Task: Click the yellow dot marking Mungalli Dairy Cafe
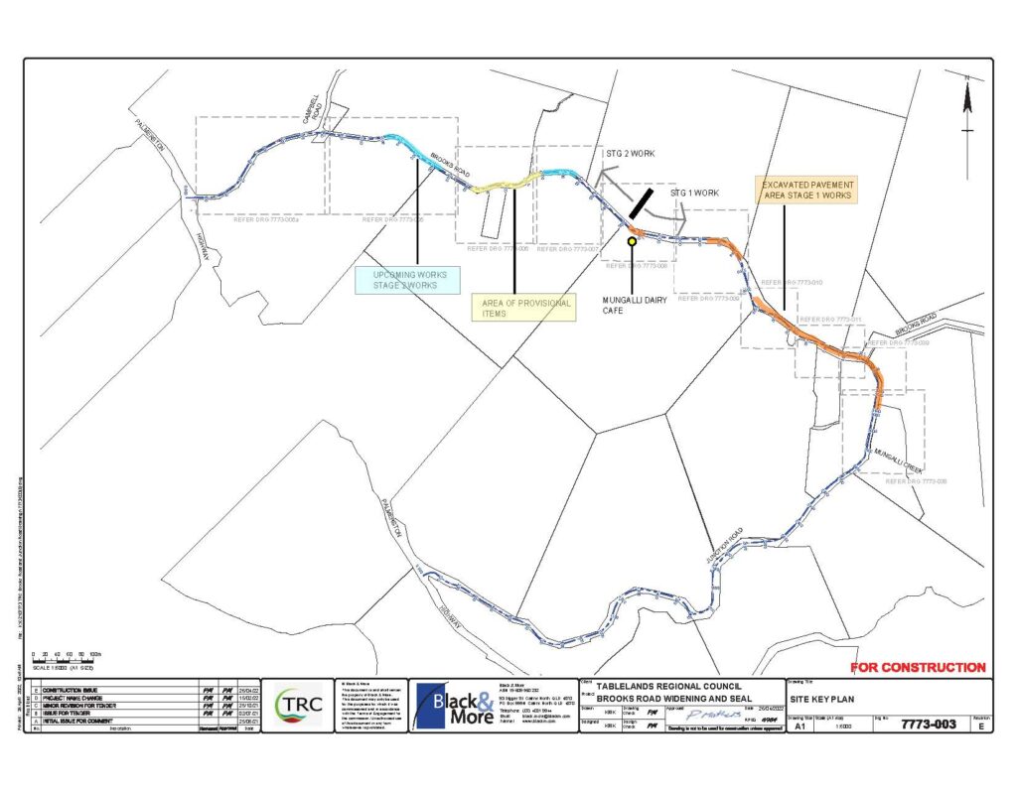pos(632,240)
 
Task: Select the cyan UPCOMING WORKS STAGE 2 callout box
pos(410,280)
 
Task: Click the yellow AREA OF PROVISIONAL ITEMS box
pos(522,309)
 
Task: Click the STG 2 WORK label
pos(630,154)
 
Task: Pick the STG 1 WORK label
pos(694,194)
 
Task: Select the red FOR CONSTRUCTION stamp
pos(919,668)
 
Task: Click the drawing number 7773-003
pos(928,725)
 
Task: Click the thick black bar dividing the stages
pos(641,202)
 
